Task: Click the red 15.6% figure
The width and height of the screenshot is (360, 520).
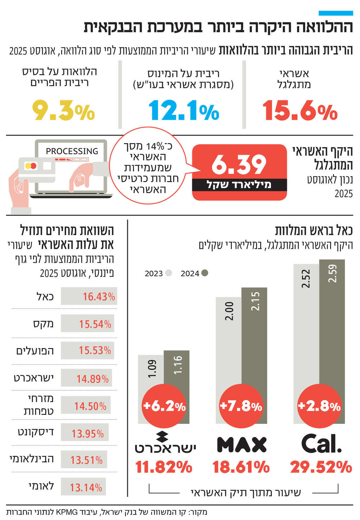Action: click(300, 111)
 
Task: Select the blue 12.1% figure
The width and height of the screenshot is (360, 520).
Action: click(184, 111)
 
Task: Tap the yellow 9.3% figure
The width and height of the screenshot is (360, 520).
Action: click(64, 111)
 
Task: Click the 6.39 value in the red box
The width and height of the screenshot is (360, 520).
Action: click(239, 165)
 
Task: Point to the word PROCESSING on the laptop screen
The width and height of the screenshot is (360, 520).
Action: click(72, 151)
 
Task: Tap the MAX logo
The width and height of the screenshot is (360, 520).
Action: click(242, 444)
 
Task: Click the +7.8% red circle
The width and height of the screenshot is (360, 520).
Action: click(241, 406)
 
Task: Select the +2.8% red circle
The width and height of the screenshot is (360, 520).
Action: click(319, 406)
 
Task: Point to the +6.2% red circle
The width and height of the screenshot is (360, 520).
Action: click(164, 406)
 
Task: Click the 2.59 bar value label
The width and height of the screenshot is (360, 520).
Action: click(332, 273)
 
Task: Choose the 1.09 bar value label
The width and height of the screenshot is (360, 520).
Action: click(152, 369)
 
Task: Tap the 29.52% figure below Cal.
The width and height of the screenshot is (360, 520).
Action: click(321, 467)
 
